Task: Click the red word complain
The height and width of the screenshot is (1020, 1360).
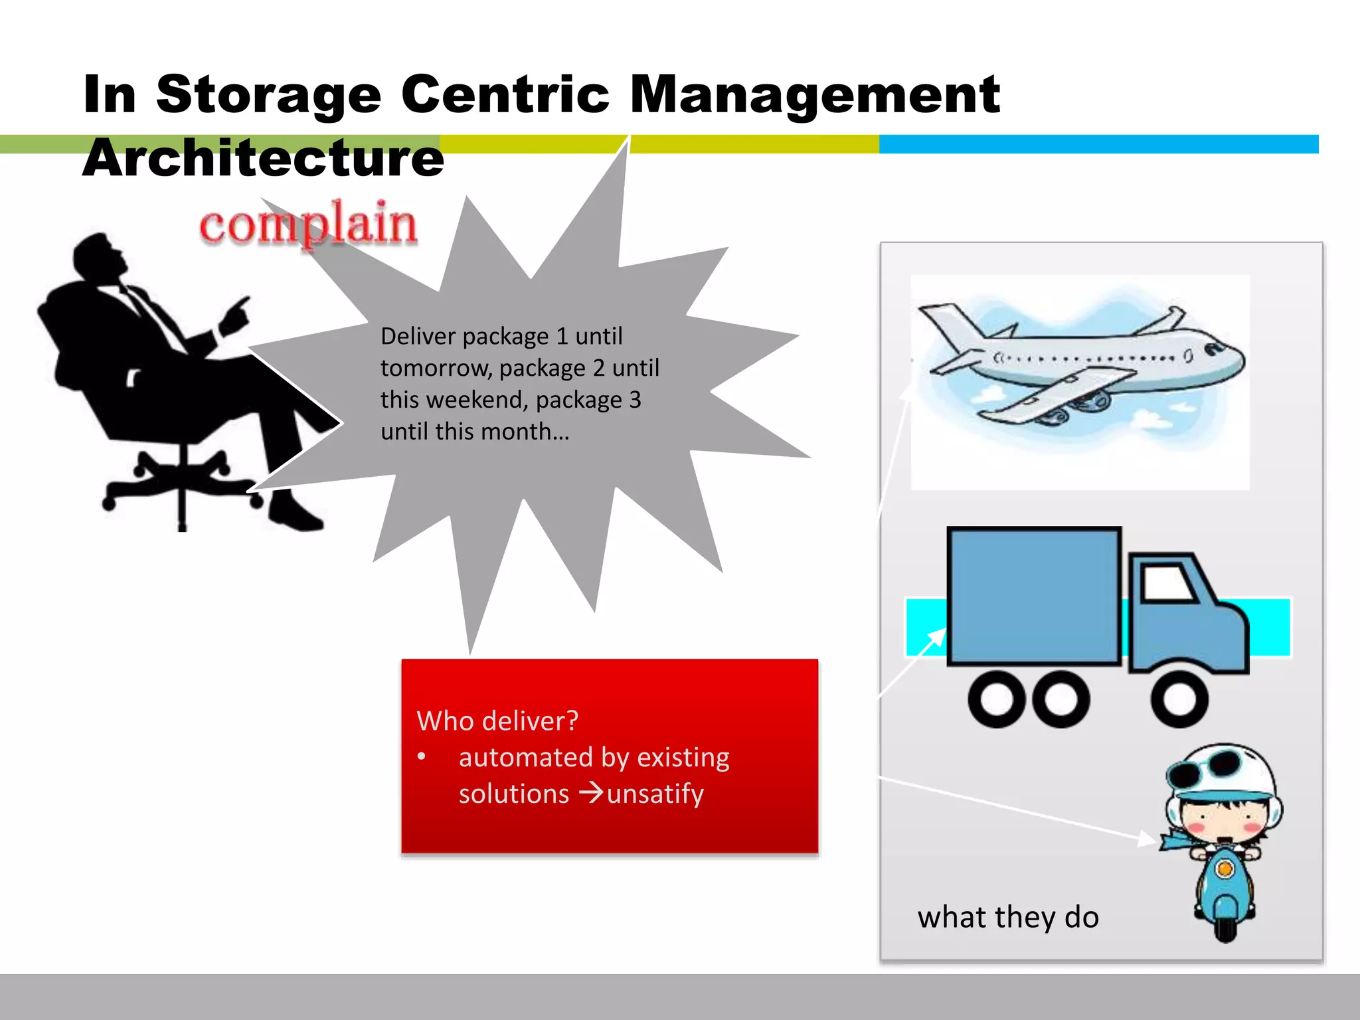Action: (308, 224)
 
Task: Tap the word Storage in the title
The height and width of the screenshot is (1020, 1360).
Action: (268, 94)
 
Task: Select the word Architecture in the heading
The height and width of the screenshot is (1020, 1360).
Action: (263, 159)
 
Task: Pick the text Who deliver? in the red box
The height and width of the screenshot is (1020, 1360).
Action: (497, 721)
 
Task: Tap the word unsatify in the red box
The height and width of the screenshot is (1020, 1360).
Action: (655, 794)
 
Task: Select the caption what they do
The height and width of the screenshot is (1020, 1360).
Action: (1008, 917)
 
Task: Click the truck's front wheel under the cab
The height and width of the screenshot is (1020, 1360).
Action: (1179, 699)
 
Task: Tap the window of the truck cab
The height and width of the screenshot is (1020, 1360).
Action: (1168, 583)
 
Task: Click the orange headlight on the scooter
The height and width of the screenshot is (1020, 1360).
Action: (1225, 868)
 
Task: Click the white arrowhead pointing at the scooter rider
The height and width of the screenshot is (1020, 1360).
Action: (1146, 839)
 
